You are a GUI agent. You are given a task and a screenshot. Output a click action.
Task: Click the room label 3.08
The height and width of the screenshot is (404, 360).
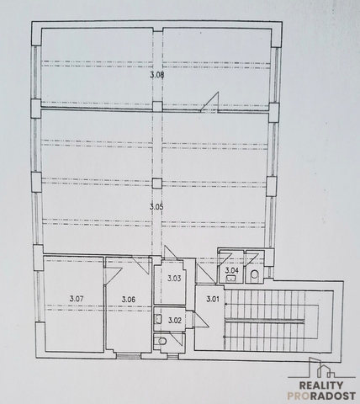click(157, 75)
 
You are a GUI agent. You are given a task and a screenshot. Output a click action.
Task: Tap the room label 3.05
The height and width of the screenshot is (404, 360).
click(156, 207)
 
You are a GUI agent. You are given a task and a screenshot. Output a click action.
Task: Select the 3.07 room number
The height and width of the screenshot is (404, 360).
click(77, 299)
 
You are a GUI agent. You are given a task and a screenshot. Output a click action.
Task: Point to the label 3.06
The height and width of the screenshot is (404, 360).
click(129, 300)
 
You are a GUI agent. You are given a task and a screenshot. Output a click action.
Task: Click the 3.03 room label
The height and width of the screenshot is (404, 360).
click(174, 279)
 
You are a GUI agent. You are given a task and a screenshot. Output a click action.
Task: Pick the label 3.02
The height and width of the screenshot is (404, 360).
click(175, 320)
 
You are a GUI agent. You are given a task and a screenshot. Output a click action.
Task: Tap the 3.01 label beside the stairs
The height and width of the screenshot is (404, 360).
click(213, 299)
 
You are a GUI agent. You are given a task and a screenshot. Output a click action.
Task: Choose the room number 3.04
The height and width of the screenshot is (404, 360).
click(232, 270)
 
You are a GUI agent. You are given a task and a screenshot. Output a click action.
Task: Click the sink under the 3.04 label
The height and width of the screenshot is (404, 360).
click(231, 279)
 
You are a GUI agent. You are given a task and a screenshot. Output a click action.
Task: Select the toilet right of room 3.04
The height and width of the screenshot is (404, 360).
click(254, 274)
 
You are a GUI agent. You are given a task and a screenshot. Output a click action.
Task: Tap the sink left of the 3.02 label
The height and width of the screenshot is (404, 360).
click(158, 319)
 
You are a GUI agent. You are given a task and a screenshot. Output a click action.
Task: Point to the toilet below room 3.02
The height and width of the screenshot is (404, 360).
click(161, 341)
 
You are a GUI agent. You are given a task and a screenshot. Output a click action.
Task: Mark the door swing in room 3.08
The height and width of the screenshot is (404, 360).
click(209, 102)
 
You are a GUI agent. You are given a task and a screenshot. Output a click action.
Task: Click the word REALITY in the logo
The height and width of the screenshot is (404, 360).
click(321, 385)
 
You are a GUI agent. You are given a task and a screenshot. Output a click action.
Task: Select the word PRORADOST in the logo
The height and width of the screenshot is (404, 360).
click(321, 396)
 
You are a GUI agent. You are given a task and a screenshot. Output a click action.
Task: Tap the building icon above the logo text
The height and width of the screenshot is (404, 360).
click(321, 368)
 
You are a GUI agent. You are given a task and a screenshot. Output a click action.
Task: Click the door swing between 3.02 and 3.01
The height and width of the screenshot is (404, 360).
click(201, 319)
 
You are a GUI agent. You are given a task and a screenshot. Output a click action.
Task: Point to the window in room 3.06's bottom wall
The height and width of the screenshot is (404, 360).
click(129, 356)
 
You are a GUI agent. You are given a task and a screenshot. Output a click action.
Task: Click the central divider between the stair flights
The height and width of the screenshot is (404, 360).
click(265, 321)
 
